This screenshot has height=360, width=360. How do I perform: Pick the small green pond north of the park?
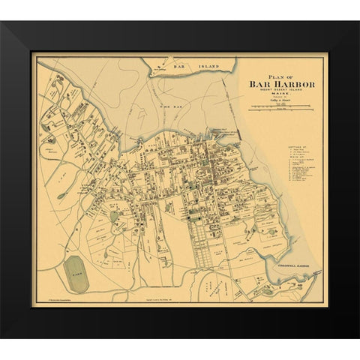pos(114,217)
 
